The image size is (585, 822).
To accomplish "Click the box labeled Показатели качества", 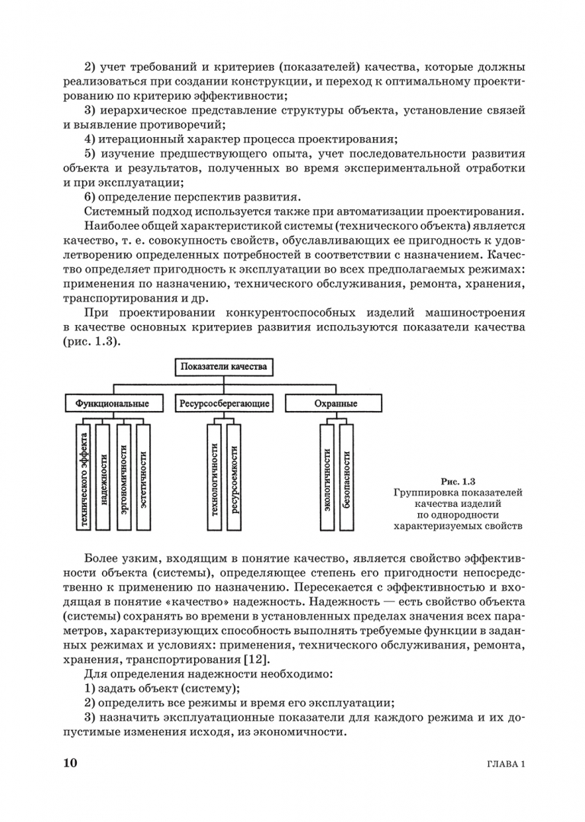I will (x=223, y=367).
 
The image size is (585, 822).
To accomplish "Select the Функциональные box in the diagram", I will (x=113, y=403).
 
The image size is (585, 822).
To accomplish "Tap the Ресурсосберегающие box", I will (x=224, y=403).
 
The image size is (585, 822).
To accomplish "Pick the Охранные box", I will (x=335, y=403).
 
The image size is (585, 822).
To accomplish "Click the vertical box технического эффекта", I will (x=85, y=476).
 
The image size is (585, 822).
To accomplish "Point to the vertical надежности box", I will (x=104, y=476).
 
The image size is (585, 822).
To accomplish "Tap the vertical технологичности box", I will (x=215, y=476).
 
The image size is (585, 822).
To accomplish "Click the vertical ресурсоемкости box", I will (x=234, y=476).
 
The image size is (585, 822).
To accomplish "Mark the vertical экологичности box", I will (x=327, y=476).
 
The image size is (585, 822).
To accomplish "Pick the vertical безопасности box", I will (x=347, y=476).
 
